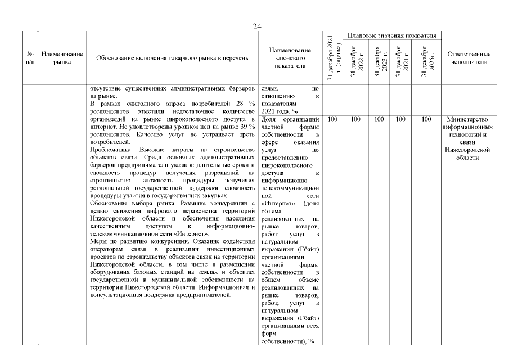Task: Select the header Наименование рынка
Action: tap(62, 58)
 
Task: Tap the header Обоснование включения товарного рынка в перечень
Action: tap(172, 58)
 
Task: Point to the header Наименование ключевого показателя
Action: tap(290, 58)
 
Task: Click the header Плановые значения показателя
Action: tap(392, 36)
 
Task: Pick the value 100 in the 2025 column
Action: tap(426, 119)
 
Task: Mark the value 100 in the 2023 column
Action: tap(380, 119)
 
